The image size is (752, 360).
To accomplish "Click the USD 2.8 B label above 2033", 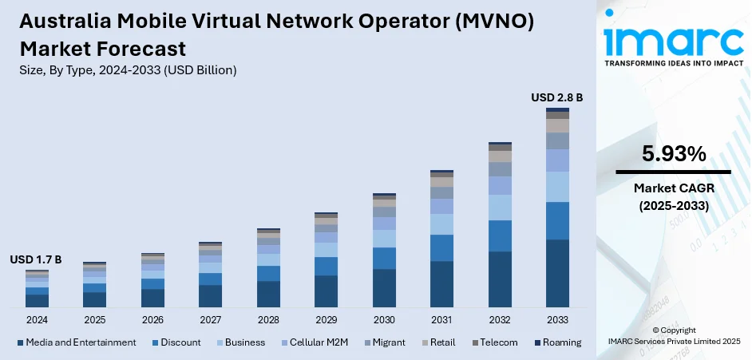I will [557, 97].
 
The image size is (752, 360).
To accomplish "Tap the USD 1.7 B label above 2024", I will [36, 259].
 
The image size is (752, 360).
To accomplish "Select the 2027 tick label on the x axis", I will [210, 319].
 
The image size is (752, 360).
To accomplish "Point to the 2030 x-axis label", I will [384, 319].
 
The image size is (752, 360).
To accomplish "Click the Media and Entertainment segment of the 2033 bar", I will [557, 273].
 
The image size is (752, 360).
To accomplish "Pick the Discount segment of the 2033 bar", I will [557, 220].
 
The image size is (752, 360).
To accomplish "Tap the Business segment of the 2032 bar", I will [500, 208].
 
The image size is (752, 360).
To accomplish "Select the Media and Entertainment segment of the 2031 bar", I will [441, 284].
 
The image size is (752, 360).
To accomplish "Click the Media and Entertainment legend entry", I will [77, 342].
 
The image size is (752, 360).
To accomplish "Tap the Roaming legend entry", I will [557, 342].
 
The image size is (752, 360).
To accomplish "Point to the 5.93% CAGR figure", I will [673, 154].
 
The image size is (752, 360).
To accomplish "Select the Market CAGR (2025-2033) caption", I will [673, 196].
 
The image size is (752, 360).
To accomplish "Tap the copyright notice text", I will [674, 335].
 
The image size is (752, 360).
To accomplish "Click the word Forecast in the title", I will [137, 49].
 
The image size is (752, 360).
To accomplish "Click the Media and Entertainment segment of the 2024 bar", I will [37, 301].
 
